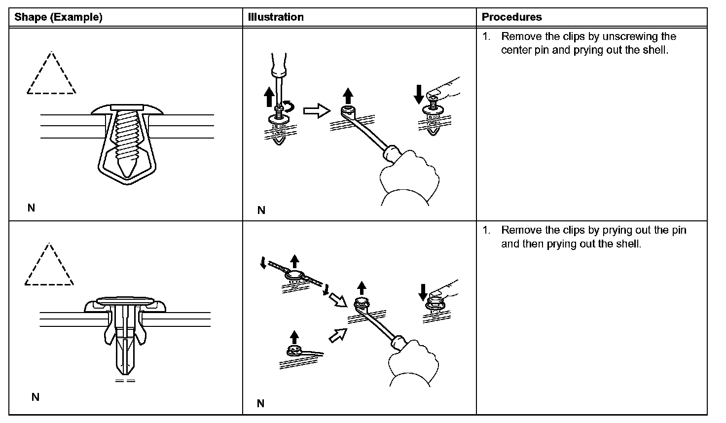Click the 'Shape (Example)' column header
58,17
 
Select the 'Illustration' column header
276,17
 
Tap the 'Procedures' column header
511,17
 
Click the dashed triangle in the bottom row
49,266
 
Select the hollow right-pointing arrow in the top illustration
316,111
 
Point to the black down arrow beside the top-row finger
419,94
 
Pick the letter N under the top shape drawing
31,208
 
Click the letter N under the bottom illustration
260,404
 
